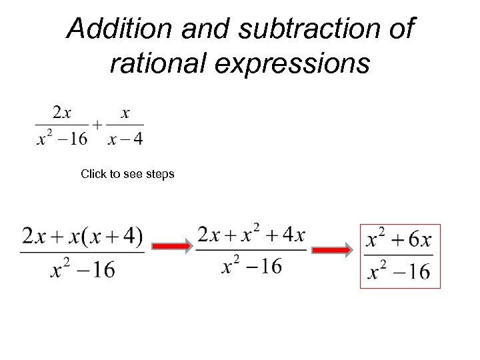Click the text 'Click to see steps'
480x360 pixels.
[x=127, y=174]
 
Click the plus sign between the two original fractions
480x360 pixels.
[x=97, y=125]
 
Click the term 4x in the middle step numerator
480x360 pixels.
[x=293, y=235]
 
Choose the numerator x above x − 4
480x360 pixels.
[x=125, y=113]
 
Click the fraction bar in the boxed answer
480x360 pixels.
[x=399, y=255]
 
